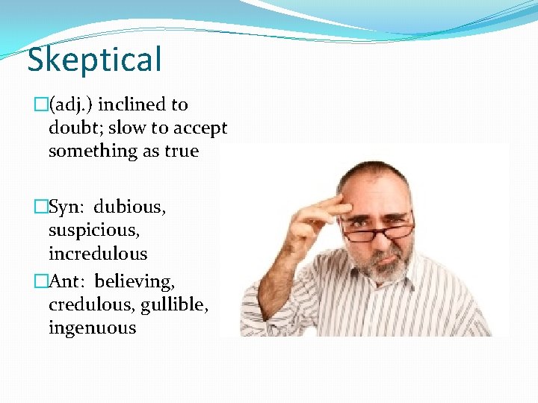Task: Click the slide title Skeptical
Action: pos(94,60)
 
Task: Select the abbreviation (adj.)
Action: pos(75,104)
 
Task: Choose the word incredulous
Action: pos(98,254)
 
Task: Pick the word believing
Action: pos(135,281)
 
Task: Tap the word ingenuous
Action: pos(92,328)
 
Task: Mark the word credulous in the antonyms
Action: pos(91,304)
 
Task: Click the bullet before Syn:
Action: pos(41,207)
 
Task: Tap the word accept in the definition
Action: pos(200,128)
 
